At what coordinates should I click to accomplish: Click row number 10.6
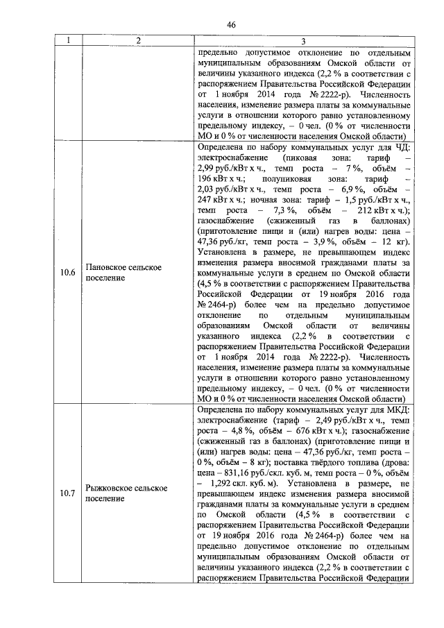tap(67, 272)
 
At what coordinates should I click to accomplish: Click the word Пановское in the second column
tap(107, 266)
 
